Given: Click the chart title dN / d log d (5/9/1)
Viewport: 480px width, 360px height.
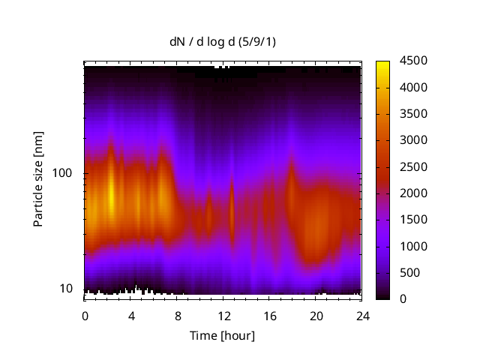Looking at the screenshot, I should pyautogui.click(x=223, y=41).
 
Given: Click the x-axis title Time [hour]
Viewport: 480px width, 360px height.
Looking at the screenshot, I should pyautogui.click(x=222, y=335).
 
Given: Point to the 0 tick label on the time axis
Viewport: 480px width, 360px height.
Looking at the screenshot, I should pyautogui.click(x=85, y=315).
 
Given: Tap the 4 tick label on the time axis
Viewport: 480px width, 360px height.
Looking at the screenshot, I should pyautogui.click(x=131, y=315).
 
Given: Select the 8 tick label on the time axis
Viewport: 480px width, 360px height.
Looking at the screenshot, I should pyautogui.click(x=177, y=315).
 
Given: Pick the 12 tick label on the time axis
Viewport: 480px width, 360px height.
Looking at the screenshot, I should pyautogui.click(x=223, y=315).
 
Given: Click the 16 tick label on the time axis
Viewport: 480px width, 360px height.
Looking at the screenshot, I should pyautogui.click(x=269, y=315).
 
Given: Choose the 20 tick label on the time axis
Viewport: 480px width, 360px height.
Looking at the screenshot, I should pyautogui.click(x=316, y=315).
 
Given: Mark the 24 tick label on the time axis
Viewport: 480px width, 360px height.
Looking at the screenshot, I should pyautogui.click(x=361, y=315).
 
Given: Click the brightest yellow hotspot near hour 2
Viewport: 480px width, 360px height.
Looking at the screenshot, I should pyautogui.click(x=111, y=196).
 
